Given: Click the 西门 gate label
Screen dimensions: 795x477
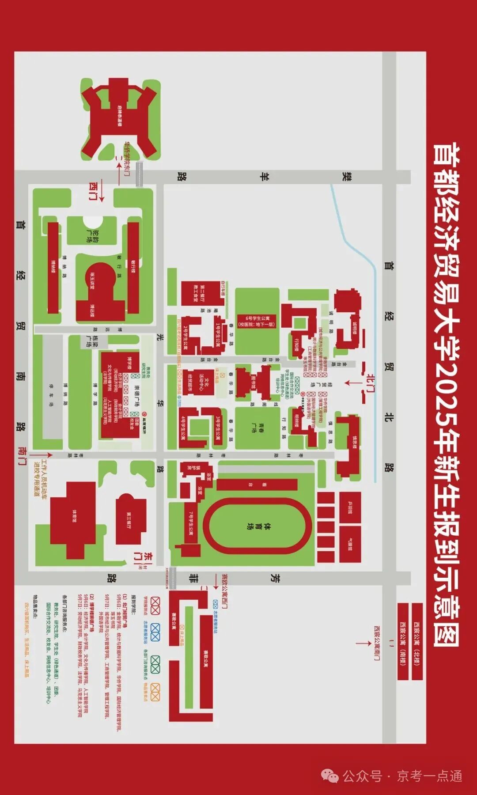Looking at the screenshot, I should pos(94,191).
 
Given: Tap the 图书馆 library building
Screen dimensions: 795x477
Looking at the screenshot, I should pos(254,382).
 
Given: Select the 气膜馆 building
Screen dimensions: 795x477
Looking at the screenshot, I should pos(351,545).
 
